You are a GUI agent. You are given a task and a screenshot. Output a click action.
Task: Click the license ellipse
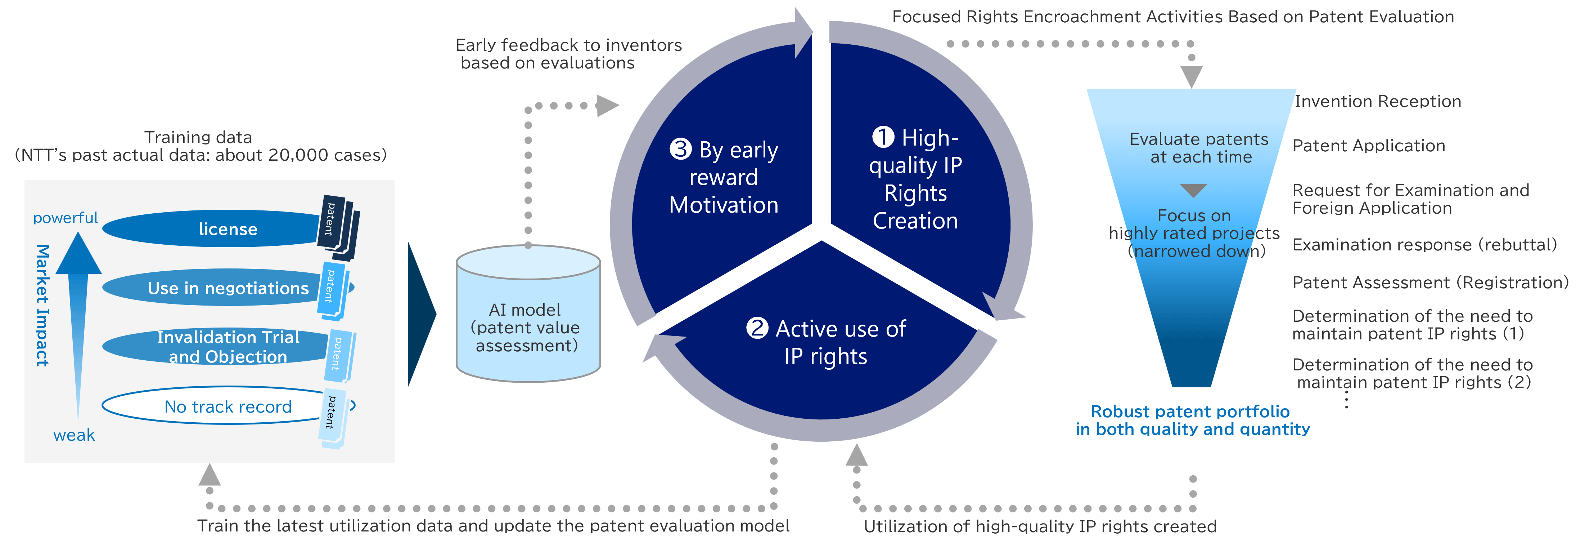pyautogui.click(x=212, y=229)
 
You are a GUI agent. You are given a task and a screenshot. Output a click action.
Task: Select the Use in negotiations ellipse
pyautogui.click(x=212, y=288)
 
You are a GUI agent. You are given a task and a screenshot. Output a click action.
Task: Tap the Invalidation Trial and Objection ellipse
pyautogui.click(x=212, y=347)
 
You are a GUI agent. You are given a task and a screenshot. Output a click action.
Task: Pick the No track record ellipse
pyautogui.click(x=212, y=406)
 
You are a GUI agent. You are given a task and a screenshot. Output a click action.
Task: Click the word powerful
pyautogui.click(x=65, y=218)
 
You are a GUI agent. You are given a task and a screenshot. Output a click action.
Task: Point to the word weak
pyautogui.click(x=74, y=435)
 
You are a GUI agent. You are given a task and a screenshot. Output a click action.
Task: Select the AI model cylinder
pyautogui.click(x=528, y=320)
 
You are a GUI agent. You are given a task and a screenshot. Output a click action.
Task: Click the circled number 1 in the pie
pyautogui.click(x=883, y=137)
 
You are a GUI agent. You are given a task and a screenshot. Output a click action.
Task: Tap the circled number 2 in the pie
pyautogui.click(x=757, y=328)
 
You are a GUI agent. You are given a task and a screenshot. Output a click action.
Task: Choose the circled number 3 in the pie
pyautogui.click(x=680, y=149)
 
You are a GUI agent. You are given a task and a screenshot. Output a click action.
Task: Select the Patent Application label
pyautogui.click(x=1368, y=146)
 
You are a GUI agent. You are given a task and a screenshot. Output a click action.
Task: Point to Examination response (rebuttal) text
pyautogui.click(x=1424, y=245)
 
